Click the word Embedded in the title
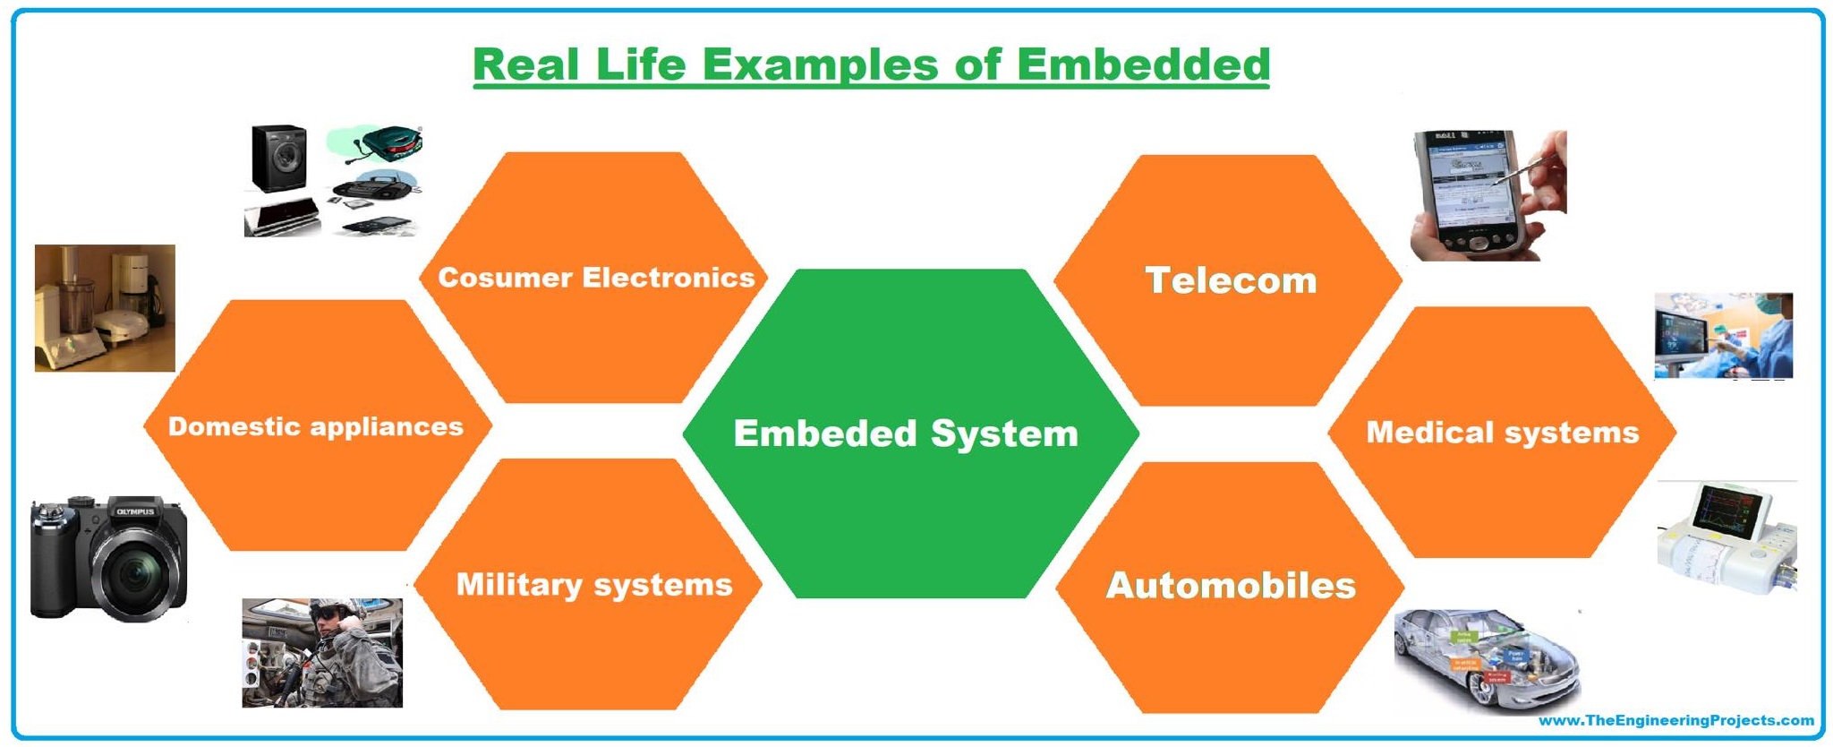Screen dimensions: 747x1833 point(1143,64)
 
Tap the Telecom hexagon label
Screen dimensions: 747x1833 point(1231,280)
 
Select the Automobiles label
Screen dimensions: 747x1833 point(1231,586)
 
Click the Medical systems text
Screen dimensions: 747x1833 point(1502,433)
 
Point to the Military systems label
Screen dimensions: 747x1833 point(594,585)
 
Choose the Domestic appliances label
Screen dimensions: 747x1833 point(316,426)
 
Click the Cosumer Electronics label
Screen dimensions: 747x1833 point(596,278)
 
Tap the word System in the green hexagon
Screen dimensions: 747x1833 point(1004,434)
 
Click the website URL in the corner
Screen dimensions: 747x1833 point(1675,721)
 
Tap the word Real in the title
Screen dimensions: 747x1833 point(526,64)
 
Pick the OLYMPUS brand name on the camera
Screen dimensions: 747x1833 point(135,512)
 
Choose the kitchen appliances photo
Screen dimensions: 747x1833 point(105,307)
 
